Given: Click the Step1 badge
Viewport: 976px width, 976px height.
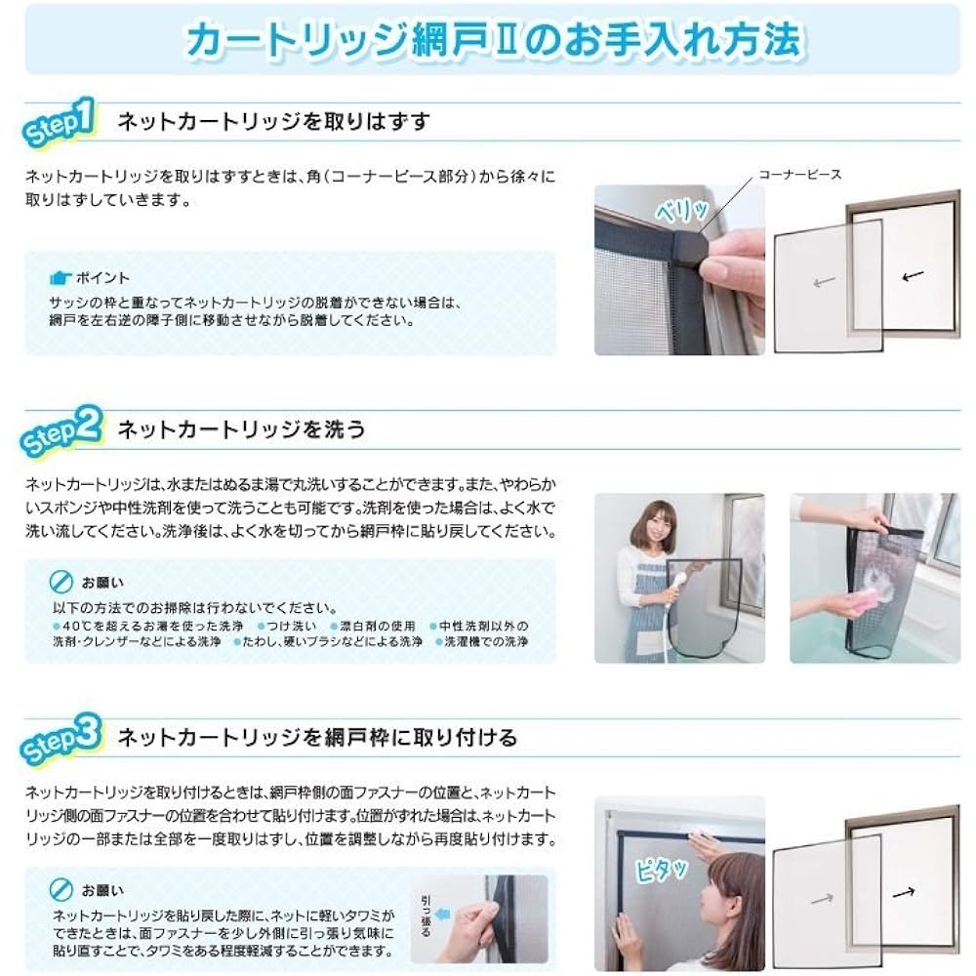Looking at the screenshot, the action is tap(59, 122).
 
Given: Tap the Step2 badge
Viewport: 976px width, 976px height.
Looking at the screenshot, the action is tap(61, 430).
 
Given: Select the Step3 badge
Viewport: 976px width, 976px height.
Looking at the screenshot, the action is tap(61, 739).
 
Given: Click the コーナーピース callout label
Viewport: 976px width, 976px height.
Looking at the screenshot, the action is tap(800, 175).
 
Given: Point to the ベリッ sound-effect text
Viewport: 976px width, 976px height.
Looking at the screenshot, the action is tap(682, 210).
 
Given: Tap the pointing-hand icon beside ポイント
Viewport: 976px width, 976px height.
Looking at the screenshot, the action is tap(61, 277).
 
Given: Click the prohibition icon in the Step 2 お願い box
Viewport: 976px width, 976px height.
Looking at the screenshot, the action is tap(61, 582).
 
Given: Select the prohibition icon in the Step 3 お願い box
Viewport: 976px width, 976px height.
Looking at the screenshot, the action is tap(61, 890).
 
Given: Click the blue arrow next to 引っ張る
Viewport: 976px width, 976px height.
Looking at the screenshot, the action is tap(442, 914).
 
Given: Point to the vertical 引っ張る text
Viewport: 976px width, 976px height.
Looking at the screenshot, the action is tap(426, 916).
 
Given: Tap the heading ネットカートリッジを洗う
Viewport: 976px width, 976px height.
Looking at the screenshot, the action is tap(241, 429).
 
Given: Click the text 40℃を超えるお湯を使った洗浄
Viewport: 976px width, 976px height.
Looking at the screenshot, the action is tap(148, 626).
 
